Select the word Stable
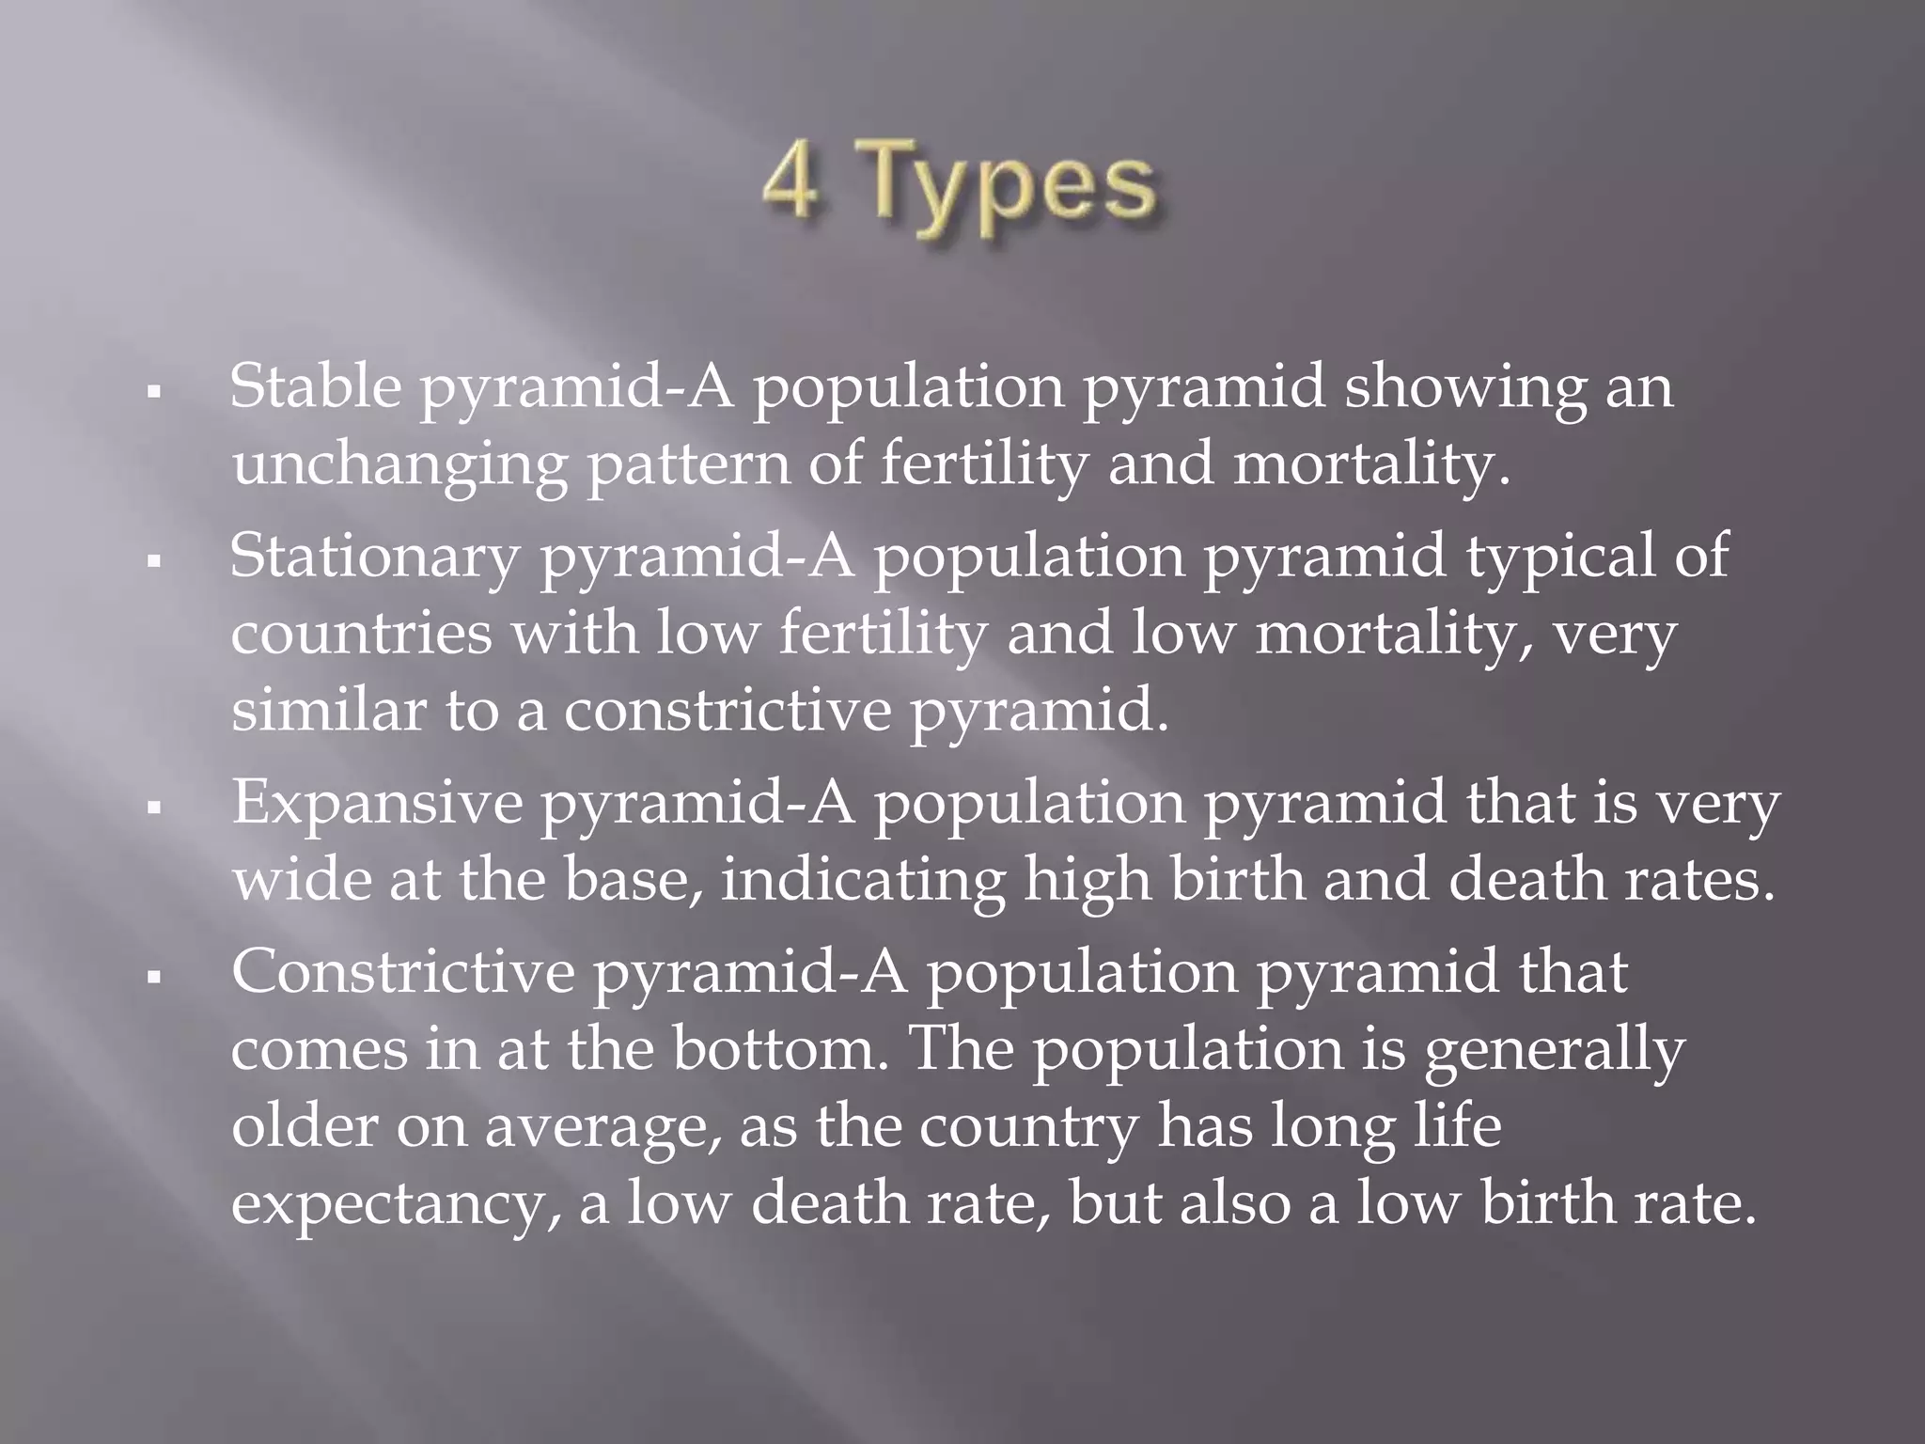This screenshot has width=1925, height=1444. (316, 385)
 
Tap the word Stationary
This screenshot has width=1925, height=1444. (374, 555)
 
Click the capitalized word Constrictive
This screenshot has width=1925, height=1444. (402, 972)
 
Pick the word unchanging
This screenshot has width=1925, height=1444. (399, 465)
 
